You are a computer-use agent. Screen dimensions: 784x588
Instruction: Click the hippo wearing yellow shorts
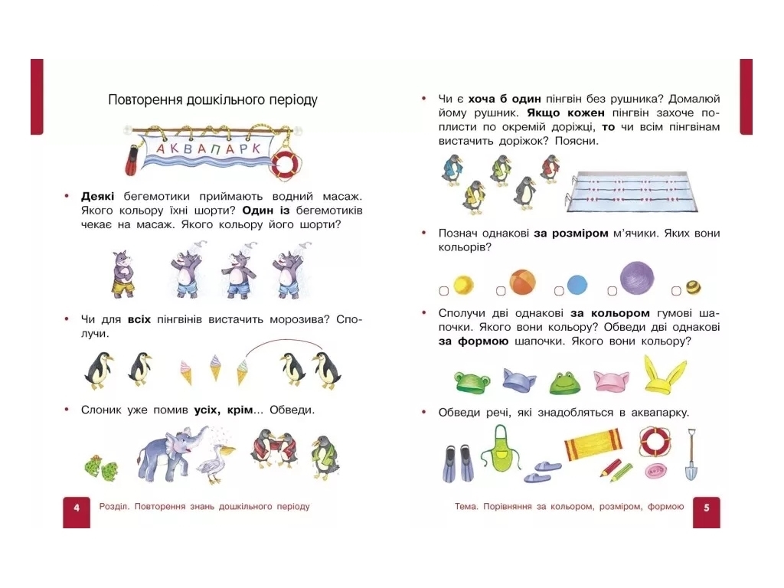(123, 273)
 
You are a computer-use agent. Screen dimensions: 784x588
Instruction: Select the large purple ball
(636, 278)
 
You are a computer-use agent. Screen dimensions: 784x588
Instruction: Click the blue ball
(577, 285)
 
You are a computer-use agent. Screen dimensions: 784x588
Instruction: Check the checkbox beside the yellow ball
(443, 290)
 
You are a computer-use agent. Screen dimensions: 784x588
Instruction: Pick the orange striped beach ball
(522, 282)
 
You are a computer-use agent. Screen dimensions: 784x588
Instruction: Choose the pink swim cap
(611, 381)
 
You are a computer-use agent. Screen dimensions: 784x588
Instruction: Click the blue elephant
(170, 453)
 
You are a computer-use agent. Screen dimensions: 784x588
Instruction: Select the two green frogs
(102, 468)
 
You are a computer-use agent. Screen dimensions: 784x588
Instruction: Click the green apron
(501, 449)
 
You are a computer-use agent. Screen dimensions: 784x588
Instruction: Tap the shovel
(691, 454)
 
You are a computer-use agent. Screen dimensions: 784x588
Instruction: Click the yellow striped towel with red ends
(593, 443)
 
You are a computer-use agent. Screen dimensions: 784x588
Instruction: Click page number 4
(77, 508)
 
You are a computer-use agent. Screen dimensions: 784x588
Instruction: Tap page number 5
(707, 508)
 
